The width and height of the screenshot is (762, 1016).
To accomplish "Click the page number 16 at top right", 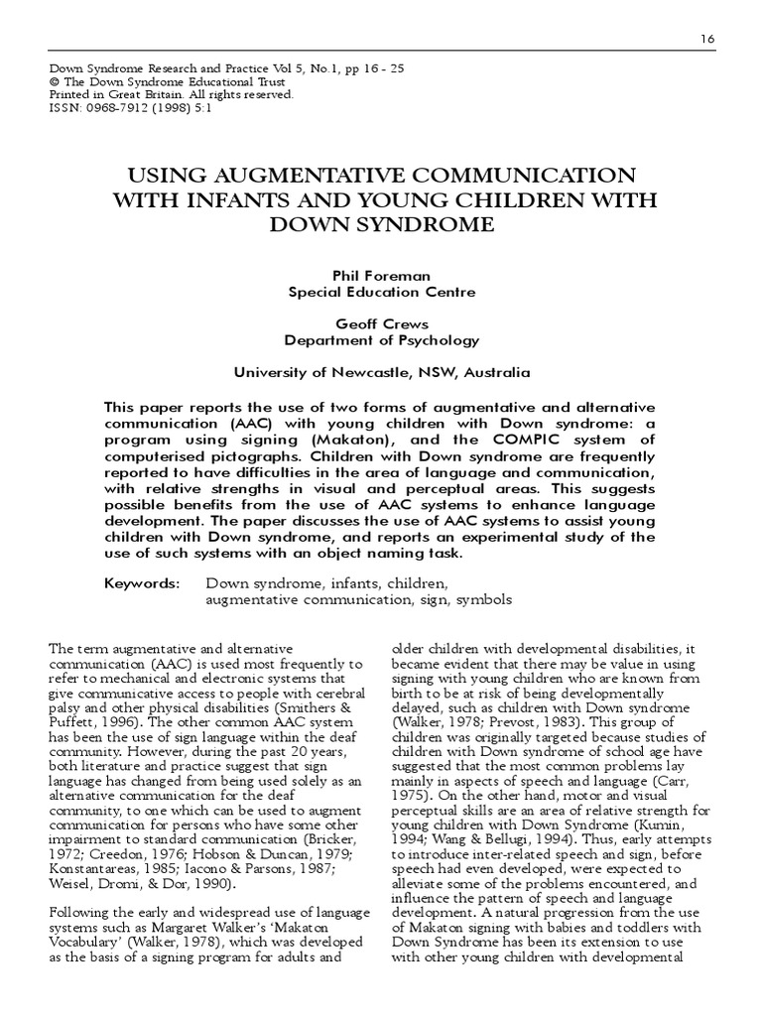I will [x=706, y=38].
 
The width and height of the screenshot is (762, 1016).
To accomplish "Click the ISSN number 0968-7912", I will [x=110, y=108].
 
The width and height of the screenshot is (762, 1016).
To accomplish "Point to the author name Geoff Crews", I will [x=381, y=323].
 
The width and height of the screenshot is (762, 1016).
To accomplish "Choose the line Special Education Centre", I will [x=381, y=292].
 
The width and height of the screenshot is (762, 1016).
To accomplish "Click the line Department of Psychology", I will [x=381, y=339].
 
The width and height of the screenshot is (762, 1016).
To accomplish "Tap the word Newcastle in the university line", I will [x=373, y=372].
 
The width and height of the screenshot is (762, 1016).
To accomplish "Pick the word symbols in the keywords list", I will [x=481, y=599].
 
